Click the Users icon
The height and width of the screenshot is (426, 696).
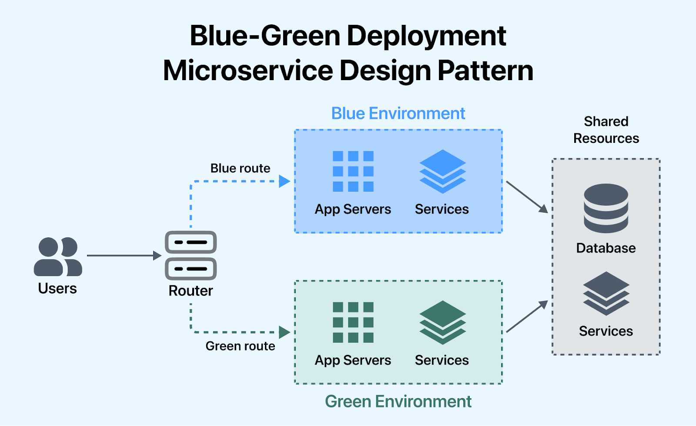58,257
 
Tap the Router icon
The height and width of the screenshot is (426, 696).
191,255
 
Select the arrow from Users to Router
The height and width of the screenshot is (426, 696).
124,256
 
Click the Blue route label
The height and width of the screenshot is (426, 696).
240,168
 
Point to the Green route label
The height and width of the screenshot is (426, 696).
240,346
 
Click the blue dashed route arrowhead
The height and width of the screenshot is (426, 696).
284,181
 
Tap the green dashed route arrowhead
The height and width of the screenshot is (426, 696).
284,332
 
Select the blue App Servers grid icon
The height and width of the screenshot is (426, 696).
353,171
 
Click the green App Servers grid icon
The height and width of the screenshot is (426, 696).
353,322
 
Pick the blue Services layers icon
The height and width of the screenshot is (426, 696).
442,171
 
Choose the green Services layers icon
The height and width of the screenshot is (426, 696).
442,322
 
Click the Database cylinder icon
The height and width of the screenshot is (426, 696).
606,208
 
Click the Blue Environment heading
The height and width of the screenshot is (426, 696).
398,114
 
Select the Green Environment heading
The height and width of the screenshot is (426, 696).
398,401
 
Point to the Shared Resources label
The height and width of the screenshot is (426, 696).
606,130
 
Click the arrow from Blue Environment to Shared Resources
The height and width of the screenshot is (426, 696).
527,197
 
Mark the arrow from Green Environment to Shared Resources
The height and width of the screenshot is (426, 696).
527,317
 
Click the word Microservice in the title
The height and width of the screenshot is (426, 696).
248,71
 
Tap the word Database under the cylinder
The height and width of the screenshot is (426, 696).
606,248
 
